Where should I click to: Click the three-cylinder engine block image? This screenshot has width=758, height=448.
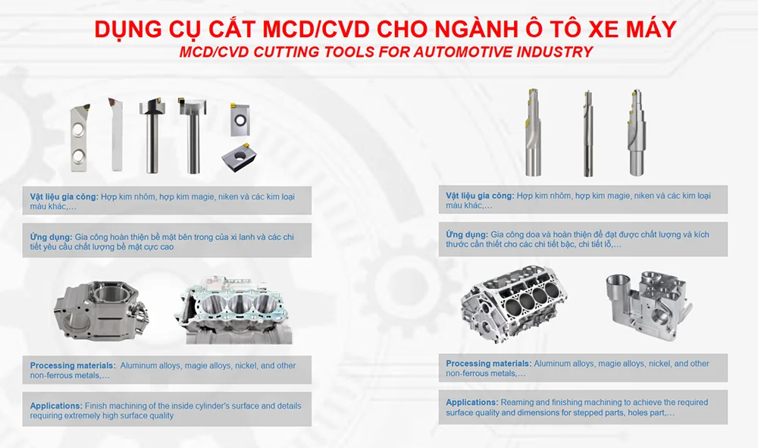(x=234, y=310)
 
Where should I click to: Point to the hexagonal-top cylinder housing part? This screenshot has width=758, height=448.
(x=101, y=311)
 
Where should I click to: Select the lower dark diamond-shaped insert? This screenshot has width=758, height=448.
(x=239, y=156)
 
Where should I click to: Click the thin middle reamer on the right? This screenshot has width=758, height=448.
(x=588, y=133)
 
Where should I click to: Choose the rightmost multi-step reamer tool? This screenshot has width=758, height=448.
(x=636, y=132)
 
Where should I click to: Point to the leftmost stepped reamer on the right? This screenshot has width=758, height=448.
(x=533, y=132)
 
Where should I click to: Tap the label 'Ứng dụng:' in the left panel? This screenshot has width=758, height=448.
(x=52, y=237)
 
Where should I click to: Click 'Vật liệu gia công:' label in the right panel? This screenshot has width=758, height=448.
(x=480, y=196)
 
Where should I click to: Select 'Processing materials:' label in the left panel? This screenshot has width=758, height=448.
(x=73, y=365)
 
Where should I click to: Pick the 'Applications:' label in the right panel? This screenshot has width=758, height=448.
(x=471, y=402)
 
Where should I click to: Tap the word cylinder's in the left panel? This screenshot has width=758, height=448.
(x=206, y=406)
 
